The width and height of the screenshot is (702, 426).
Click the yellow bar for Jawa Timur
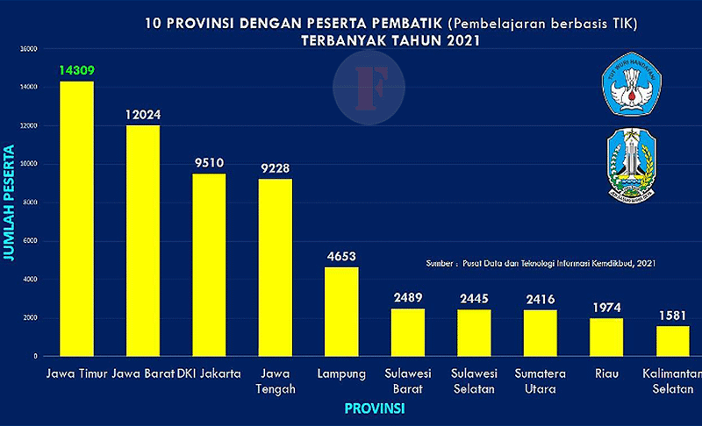click(76, 219)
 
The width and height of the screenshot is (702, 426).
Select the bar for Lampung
click(341, 312)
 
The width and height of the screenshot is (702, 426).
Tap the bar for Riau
click(606, 337)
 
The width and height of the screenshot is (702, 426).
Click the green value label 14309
click(76, 70)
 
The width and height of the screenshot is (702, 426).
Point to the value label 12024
click(143, 115)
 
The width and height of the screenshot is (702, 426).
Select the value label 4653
click(341, 256)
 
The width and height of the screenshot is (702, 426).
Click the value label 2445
click(474, 298)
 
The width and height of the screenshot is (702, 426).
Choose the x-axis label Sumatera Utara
click(541, 380)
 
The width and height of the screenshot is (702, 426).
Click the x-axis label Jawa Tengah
click(276, 380)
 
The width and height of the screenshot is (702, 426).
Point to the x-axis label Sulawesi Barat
click(408, 380)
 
